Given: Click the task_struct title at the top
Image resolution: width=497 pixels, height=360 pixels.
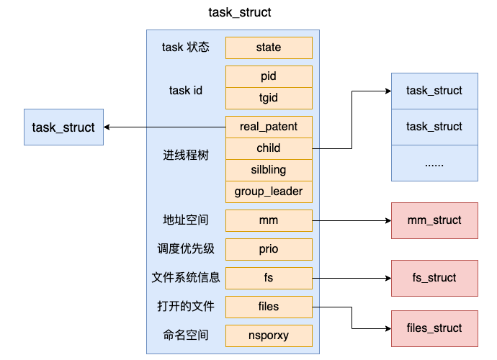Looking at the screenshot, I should [x=240, y=12].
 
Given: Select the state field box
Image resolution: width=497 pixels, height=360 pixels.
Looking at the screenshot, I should [x=269, y=48].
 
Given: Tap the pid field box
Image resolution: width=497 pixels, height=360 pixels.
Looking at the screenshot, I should [x=269, y=76].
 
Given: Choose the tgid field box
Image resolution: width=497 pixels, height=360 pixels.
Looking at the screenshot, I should [x=269, y=98].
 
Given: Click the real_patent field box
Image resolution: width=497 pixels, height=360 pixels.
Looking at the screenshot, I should [x=269, y=127].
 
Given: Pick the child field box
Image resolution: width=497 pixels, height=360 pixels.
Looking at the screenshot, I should [x=269, y=148].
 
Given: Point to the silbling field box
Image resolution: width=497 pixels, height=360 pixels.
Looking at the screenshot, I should [x=269, y=170].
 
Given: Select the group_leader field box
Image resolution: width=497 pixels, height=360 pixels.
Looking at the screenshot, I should [x=269, y=192].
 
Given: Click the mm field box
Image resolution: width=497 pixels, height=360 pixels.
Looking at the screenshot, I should [x=269, y=220].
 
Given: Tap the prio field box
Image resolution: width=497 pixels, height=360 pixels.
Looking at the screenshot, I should [x=269, y=249].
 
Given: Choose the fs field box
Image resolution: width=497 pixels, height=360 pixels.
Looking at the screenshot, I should [x=269, y=278].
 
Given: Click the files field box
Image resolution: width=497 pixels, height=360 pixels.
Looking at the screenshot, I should [x=269, y=307].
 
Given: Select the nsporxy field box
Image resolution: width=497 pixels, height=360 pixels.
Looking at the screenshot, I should [x=269, y=336].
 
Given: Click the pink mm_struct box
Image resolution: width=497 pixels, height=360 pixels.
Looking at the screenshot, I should [x=434, y=220].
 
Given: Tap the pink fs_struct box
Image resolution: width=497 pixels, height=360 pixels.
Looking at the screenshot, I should [x=434, y=278].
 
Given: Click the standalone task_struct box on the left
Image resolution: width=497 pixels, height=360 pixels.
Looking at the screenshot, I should [x=63, y=127].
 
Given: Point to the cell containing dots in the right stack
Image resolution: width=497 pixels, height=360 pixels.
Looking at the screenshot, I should [x=434, y=163].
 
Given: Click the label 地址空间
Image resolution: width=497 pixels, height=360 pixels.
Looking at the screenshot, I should [x=186, y=220].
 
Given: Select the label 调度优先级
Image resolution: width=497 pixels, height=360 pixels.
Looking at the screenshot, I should [x=186, y=249].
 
